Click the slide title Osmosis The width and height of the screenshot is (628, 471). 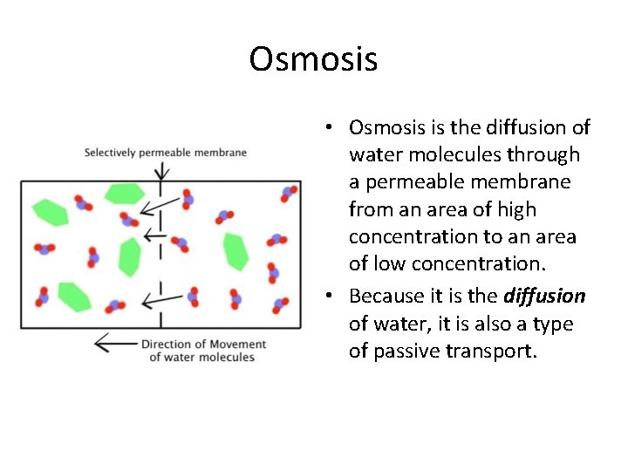(x=313, y=59)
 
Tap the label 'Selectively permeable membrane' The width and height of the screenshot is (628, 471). (x=165, y=153)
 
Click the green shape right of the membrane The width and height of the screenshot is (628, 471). (x=235, y=251)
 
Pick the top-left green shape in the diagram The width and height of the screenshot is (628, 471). (x=50, y=211)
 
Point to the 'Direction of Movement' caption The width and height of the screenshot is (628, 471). (x=202, y=344)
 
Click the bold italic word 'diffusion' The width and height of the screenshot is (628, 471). (x=544, y=297)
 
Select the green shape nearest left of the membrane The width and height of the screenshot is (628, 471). (x=129, y=256)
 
